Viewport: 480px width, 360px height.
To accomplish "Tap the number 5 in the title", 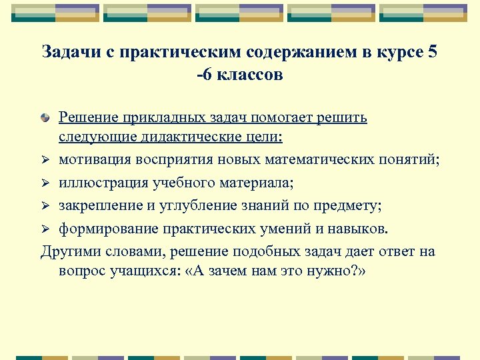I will pyautogui.click(x=433, y=52).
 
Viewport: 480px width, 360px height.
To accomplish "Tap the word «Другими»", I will pyautogui.click(x=69, y=251).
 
